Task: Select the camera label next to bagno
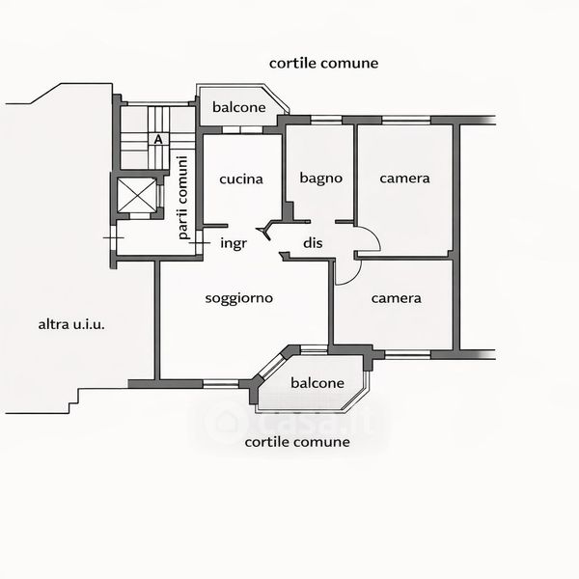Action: [x=404, y=179]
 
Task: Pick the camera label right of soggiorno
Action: [x=397, y=298]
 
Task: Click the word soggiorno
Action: [x=239, y=298]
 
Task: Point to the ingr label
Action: [x=234, y=243]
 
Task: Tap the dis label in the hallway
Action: [x=312, y=243]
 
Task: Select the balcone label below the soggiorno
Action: [x=317, y=383]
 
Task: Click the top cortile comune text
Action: [x=323, y=63]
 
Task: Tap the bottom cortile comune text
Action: [x=297, y=443]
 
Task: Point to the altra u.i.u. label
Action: [x=71, y=324]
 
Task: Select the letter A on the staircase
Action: [x=157, y=139]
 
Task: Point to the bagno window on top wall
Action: [x=325, y=120]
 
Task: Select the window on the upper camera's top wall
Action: [x=405, y=120]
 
